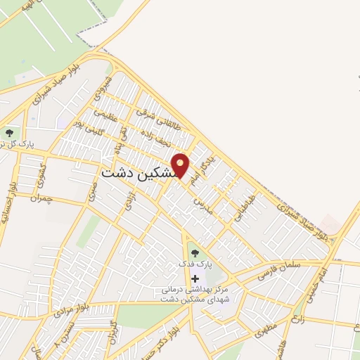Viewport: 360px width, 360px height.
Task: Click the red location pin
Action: click(181, 166)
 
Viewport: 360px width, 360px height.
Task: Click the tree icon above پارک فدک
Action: click(195, 253)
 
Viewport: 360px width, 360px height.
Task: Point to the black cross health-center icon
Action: click(195, 278)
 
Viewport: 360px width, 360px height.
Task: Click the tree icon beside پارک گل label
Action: click(9, 133)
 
